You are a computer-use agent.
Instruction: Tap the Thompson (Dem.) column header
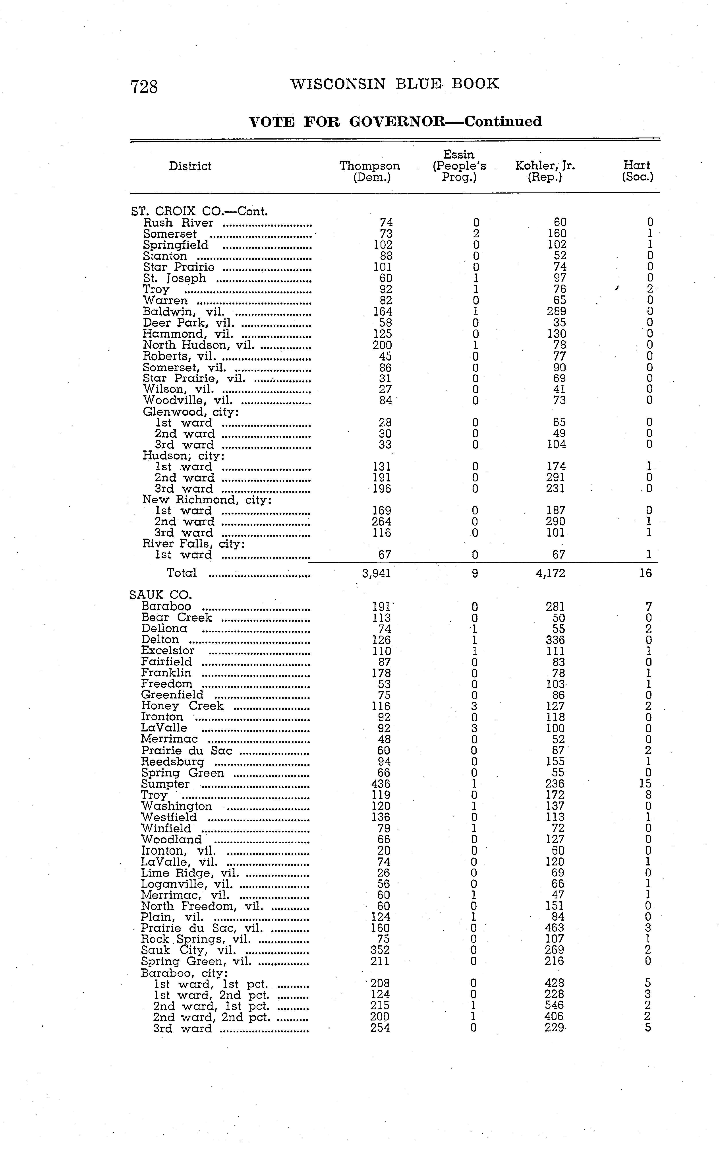coord(369,171)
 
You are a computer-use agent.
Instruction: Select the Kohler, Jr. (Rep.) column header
coord(545,171)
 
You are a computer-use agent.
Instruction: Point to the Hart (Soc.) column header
coord(637,171)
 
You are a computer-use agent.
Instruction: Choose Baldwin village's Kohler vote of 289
coord(556,312)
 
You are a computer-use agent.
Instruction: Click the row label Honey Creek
coord(182,706)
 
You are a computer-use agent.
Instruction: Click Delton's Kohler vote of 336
coord(555,640)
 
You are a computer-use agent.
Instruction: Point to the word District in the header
coord(190,166)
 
